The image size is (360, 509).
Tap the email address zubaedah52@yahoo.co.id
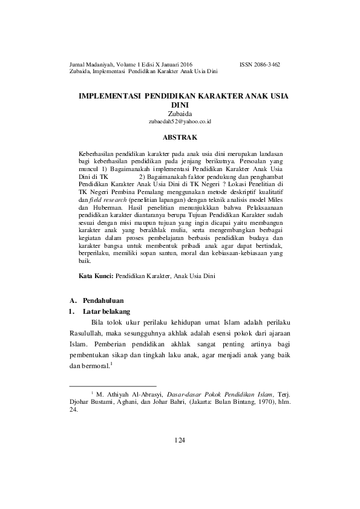click(x=180, y=122)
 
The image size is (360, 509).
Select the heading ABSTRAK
click(x=180, y=138)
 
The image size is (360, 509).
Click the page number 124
click(x=179, y=439)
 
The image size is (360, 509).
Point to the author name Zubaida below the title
click(x=180, y=113)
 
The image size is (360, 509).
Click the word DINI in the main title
click(x=180, y=105)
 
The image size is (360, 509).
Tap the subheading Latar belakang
click(x=103, y=311)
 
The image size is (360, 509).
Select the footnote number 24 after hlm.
click(x=74, y=409)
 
